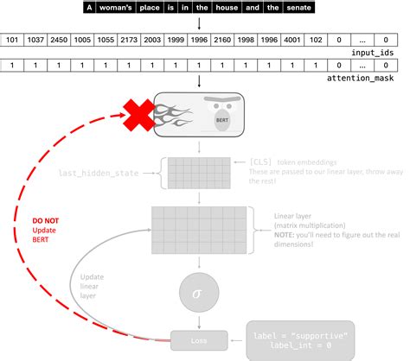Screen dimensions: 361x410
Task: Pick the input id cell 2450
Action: pos(60,41)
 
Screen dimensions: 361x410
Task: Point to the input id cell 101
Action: pos(13,41)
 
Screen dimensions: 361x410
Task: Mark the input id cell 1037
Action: pos(36,41)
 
